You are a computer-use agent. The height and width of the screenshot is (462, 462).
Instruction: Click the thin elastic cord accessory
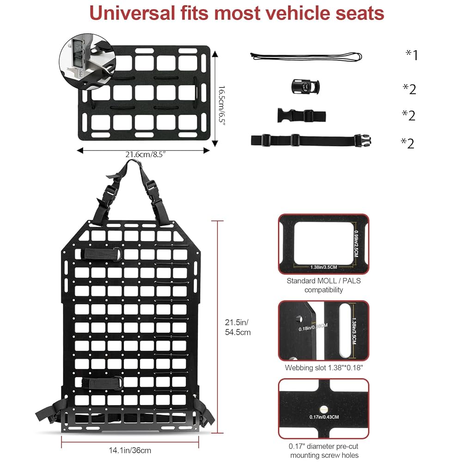306,57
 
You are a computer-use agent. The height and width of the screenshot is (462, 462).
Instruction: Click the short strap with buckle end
302,115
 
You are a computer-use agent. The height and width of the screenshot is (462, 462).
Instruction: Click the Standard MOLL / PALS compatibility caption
323,285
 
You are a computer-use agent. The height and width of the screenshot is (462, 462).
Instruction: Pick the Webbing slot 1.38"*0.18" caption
323,368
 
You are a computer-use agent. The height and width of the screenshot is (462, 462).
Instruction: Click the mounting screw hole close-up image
323,408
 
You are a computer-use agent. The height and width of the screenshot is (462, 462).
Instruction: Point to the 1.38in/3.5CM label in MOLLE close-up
323,267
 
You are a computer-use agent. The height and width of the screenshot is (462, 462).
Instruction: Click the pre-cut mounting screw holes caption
323,451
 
